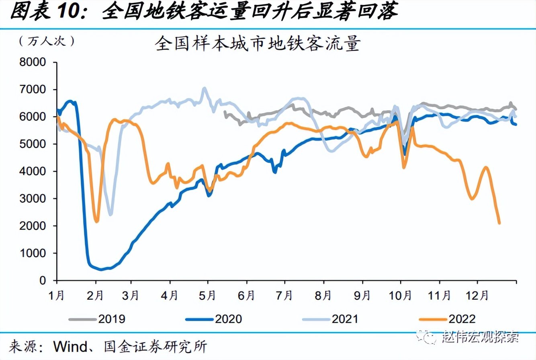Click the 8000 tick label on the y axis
coord(33,62)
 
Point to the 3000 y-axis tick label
coord(33,198)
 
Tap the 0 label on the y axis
coord(43,280)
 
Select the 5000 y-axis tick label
coord(33,144)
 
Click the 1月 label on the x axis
coord(57,296)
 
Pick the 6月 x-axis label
coord(246,296)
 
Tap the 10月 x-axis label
coord(400,296)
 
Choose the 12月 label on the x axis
coord(477,296)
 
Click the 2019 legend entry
coord(97,319)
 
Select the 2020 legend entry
coord(214,319)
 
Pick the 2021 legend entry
coord(330,319)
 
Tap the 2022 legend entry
coord(447,319)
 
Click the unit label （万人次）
coord(47,41)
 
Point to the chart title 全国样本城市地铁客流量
coord(258,43)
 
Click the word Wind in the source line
coord(70,346)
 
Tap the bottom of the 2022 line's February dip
coord(97,221)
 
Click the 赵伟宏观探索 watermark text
coord(481,337)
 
